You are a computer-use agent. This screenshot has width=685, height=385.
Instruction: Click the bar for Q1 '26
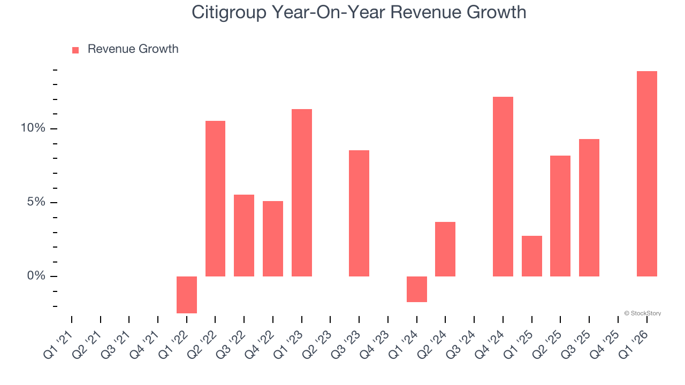646,174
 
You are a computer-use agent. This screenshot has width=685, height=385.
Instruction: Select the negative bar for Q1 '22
187,295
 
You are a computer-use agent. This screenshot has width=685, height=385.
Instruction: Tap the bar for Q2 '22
215,198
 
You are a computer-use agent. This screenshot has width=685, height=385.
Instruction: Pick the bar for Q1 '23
302,192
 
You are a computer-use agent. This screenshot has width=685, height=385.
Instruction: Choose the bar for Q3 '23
359,213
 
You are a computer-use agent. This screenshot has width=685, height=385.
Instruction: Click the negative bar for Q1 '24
416,289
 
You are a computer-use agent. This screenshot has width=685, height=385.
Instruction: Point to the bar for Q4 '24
503,187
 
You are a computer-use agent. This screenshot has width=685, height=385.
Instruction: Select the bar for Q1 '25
531,256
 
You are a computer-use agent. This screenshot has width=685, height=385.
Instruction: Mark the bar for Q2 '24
445,249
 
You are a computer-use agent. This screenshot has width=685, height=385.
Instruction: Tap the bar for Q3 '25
589,207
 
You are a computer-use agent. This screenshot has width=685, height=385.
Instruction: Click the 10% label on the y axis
33,128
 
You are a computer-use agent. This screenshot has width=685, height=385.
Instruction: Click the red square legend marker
75,50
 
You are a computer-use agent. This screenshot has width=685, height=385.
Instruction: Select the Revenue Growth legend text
133,49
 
